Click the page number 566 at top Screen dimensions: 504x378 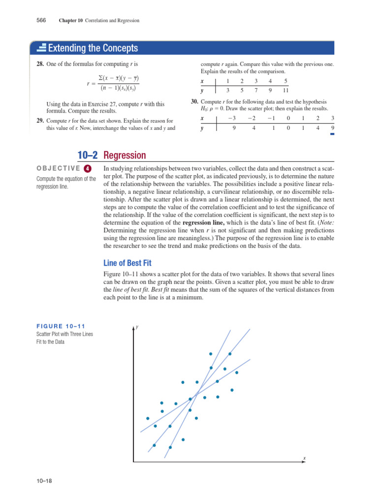(41, 20)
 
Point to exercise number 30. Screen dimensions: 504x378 (194, 102)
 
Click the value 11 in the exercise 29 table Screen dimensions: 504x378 (285, 90)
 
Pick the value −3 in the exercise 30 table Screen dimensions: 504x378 (233, 118)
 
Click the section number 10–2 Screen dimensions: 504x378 (88, 156)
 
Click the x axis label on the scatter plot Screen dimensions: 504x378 (304, 458)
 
